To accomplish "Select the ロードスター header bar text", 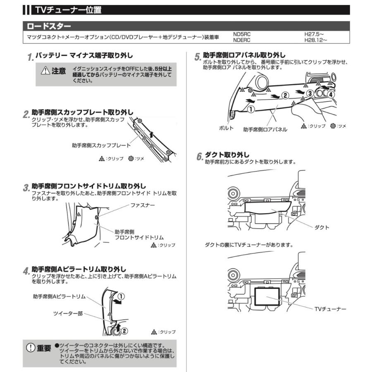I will [x=49, y=26].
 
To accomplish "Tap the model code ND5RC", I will [x=243, y=35].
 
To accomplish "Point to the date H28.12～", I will [x=316, y=40].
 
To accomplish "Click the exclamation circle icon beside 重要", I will [x=31, y=348].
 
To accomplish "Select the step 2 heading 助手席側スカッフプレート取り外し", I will [x=83, y=112].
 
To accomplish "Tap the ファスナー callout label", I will [x=143, y=205].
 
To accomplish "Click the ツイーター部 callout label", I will [x=68, y=314].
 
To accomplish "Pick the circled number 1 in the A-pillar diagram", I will [x=121, y=296].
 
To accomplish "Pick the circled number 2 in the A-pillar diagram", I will [x=124, y=331].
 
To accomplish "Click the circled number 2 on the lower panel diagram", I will [x=284, y=95].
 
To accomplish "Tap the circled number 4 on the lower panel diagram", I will [x=331, y=94].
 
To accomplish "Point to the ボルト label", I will [x=226, y=129].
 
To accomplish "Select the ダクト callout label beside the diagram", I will [x=322, y=227].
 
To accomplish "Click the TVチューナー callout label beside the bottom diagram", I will [x=330, y=309].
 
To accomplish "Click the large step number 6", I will [x=199, y=157].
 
